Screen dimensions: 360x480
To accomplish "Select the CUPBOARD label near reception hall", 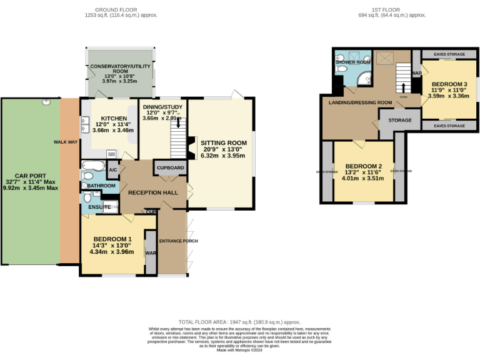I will click(169, 168).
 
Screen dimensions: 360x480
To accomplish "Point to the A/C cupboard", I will click(113, 169).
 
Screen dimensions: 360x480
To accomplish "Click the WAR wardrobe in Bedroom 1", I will click(150, 253).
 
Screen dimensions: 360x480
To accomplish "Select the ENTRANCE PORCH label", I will click(172, 241).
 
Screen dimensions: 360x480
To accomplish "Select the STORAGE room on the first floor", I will click(400, 120).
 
